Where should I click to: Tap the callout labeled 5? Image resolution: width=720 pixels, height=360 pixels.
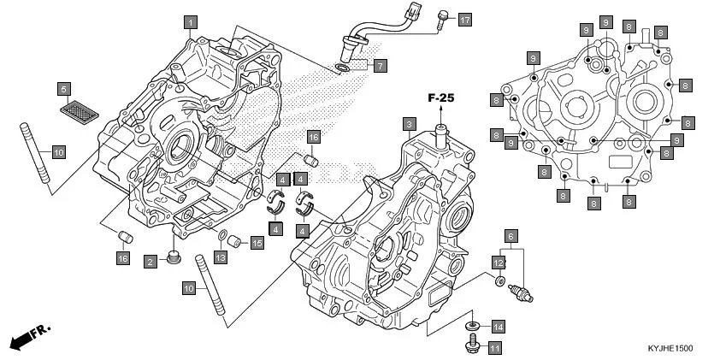tap(63, 87)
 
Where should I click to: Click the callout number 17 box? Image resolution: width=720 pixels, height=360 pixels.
tap(464, 20)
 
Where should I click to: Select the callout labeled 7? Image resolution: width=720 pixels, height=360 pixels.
tap(380, 64)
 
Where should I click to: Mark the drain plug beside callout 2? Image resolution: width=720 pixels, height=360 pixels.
tap(174, 257)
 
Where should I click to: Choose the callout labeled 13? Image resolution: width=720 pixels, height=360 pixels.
tap(220, 258)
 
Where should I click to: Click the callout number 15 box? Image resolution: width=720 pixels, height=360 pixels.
tap(257, 243)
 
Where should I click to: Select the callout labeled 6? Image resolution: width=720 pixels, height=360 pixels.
tap(510, 235)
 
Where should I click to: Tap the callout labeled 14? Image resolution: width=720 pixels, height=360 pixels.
tap(498, 327)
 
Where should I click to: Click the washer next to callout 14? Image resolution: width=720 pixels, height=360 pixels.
tap(471, 327)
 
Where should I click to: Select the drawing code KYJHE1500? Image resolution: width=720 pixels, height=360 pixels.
tap(670, 349)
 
